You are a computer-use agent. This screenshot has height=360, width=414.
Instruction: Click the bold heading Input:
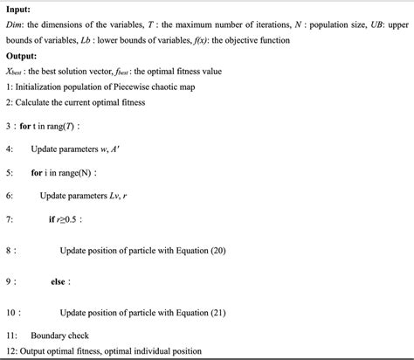pyautogui.click(x=18, y=10)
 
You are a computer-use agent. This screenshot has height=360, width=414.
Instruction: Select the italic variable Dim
pyautogui.click(x=15, y=25)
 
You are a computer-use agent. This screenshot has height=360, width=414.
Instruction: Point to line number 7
pyautogui.click(x=9, y=218)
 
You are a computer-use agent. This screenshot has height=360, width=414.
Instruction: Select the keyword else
pyautogui.click(x=58, y=281)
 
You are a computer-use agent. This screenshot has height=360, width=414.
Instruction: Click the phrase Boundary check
pyautogui.click(x=62, y=335)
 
